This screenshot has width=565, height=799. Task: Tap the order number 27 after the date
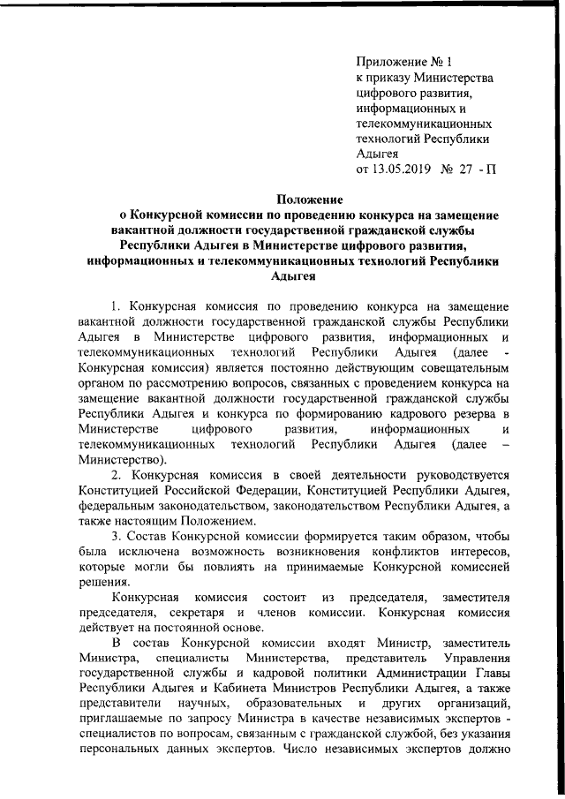(x=466, y=168)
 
